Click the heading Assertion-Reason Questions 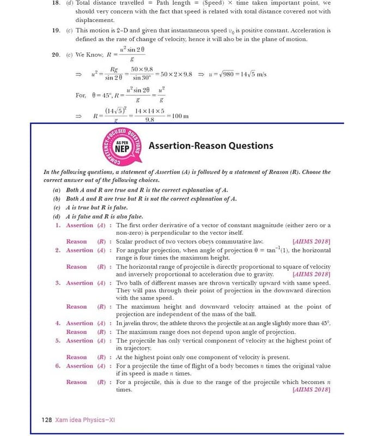(211, 146)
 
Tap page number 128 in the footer (47, 420)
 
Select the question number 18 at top (56, 3)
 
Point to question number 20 (56, 55)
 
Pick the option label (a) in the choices (56, 190)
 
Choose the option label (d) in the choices (56, 216)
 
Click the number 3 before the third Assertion (58, 283)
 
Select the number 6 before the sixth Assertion (58, 366)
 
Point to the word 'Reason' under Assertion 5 (76, 358)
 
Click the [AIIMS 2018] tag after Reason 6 (311, 390)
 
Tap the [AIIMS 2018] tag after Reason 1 (311, 241)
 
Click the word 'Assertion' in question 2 (80, 250)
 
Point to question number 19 (56, 31)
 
